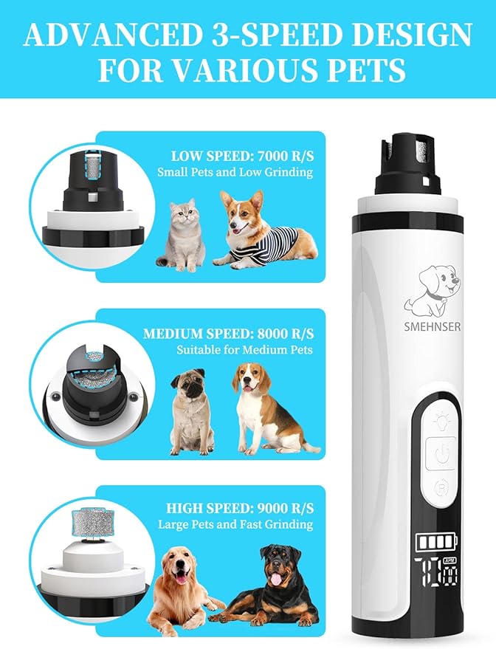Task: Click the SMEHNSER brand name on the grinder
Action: [433, 326]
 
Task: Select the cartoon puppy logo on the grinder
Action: [433, 292]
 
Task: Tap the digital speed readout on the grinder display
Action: [437, 572]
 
